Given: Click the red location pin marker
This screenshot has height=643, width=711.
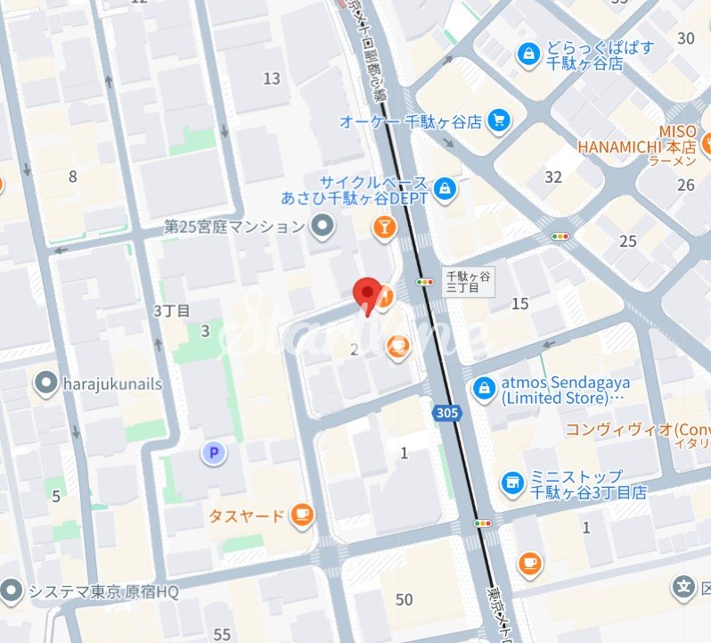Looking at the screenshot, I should (365, 294).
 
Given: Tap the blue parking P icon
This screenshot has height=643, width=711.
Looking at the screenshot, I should (213, 454).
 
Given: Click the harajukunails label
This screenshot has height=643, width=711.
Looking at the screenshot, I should (112, 383).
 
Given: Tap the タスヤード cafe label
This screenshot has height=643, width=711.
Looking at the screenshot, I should (246, 515).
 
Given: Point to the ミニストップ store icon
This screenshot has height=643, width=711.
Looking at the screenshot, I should (511, 482).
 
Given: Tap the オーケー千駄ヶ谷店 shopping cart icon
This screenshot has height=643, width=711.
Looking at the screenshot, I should (497, 120).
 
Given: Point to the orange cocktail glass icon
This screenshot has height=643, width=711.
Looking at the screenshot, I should (384, 231).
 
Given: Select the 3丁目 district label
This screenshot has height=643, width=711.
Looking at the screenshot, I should (172, 311).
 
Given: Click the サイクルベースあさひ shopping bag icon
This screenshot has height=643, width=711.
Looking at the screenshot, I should (445, 188).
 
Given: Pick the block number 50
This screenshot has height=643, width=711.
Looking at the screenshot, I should (405, 598).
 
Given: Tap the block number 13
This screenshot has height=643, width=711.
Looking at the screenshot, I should (272, 78).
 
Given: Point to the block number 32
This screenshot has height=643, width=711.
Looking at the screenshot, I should (553, 177).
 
